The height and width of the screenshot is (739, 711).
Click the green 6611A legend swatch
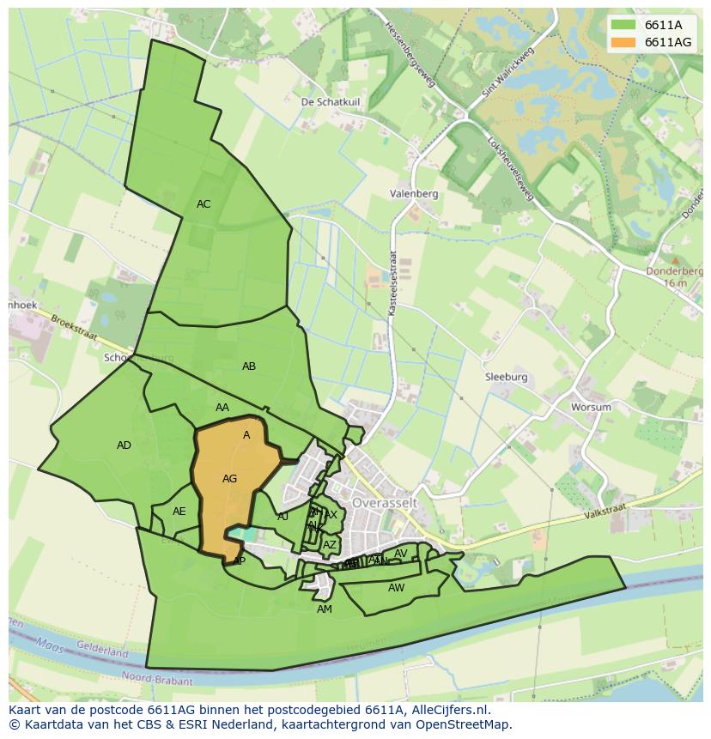click(623, 24)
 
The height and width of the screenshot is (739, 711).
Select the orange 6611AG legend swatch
click(623, 41)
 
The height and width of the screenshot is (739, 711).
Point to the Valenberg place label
click(413, 194)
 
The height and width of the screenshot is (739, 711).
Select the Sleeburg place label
click(506, 377)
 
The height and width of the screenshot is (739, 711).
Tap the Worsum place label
click(592, 407)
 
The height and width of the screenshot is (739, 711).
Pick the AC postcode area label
click(204, 204)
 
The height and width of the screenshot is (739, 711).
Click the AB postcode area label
click(249, 366)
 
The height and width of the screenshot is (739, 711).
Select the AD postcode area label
click(125, 445)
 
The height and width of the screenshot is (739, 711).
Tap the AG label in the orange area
click(229, 479)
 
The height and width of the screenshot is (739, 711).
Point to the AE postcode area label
click(179, 512)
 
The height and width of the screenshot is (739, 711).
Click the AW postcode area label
click(396, 588)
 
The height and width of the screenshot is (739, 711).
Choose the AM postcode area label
click(324, 609)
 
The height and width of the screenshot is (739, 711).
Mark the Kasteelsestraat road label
click(392, 282)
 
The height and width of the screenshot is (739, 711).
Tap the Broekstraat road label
click(74, 327)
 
